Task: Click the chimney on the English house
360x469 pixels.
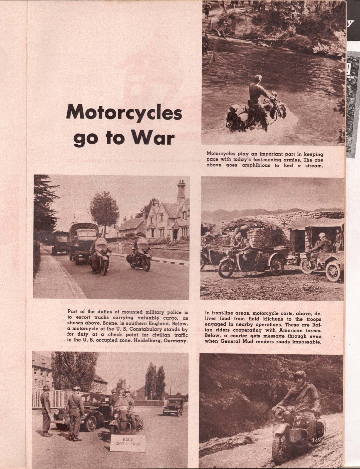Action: tap(181, 186)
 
